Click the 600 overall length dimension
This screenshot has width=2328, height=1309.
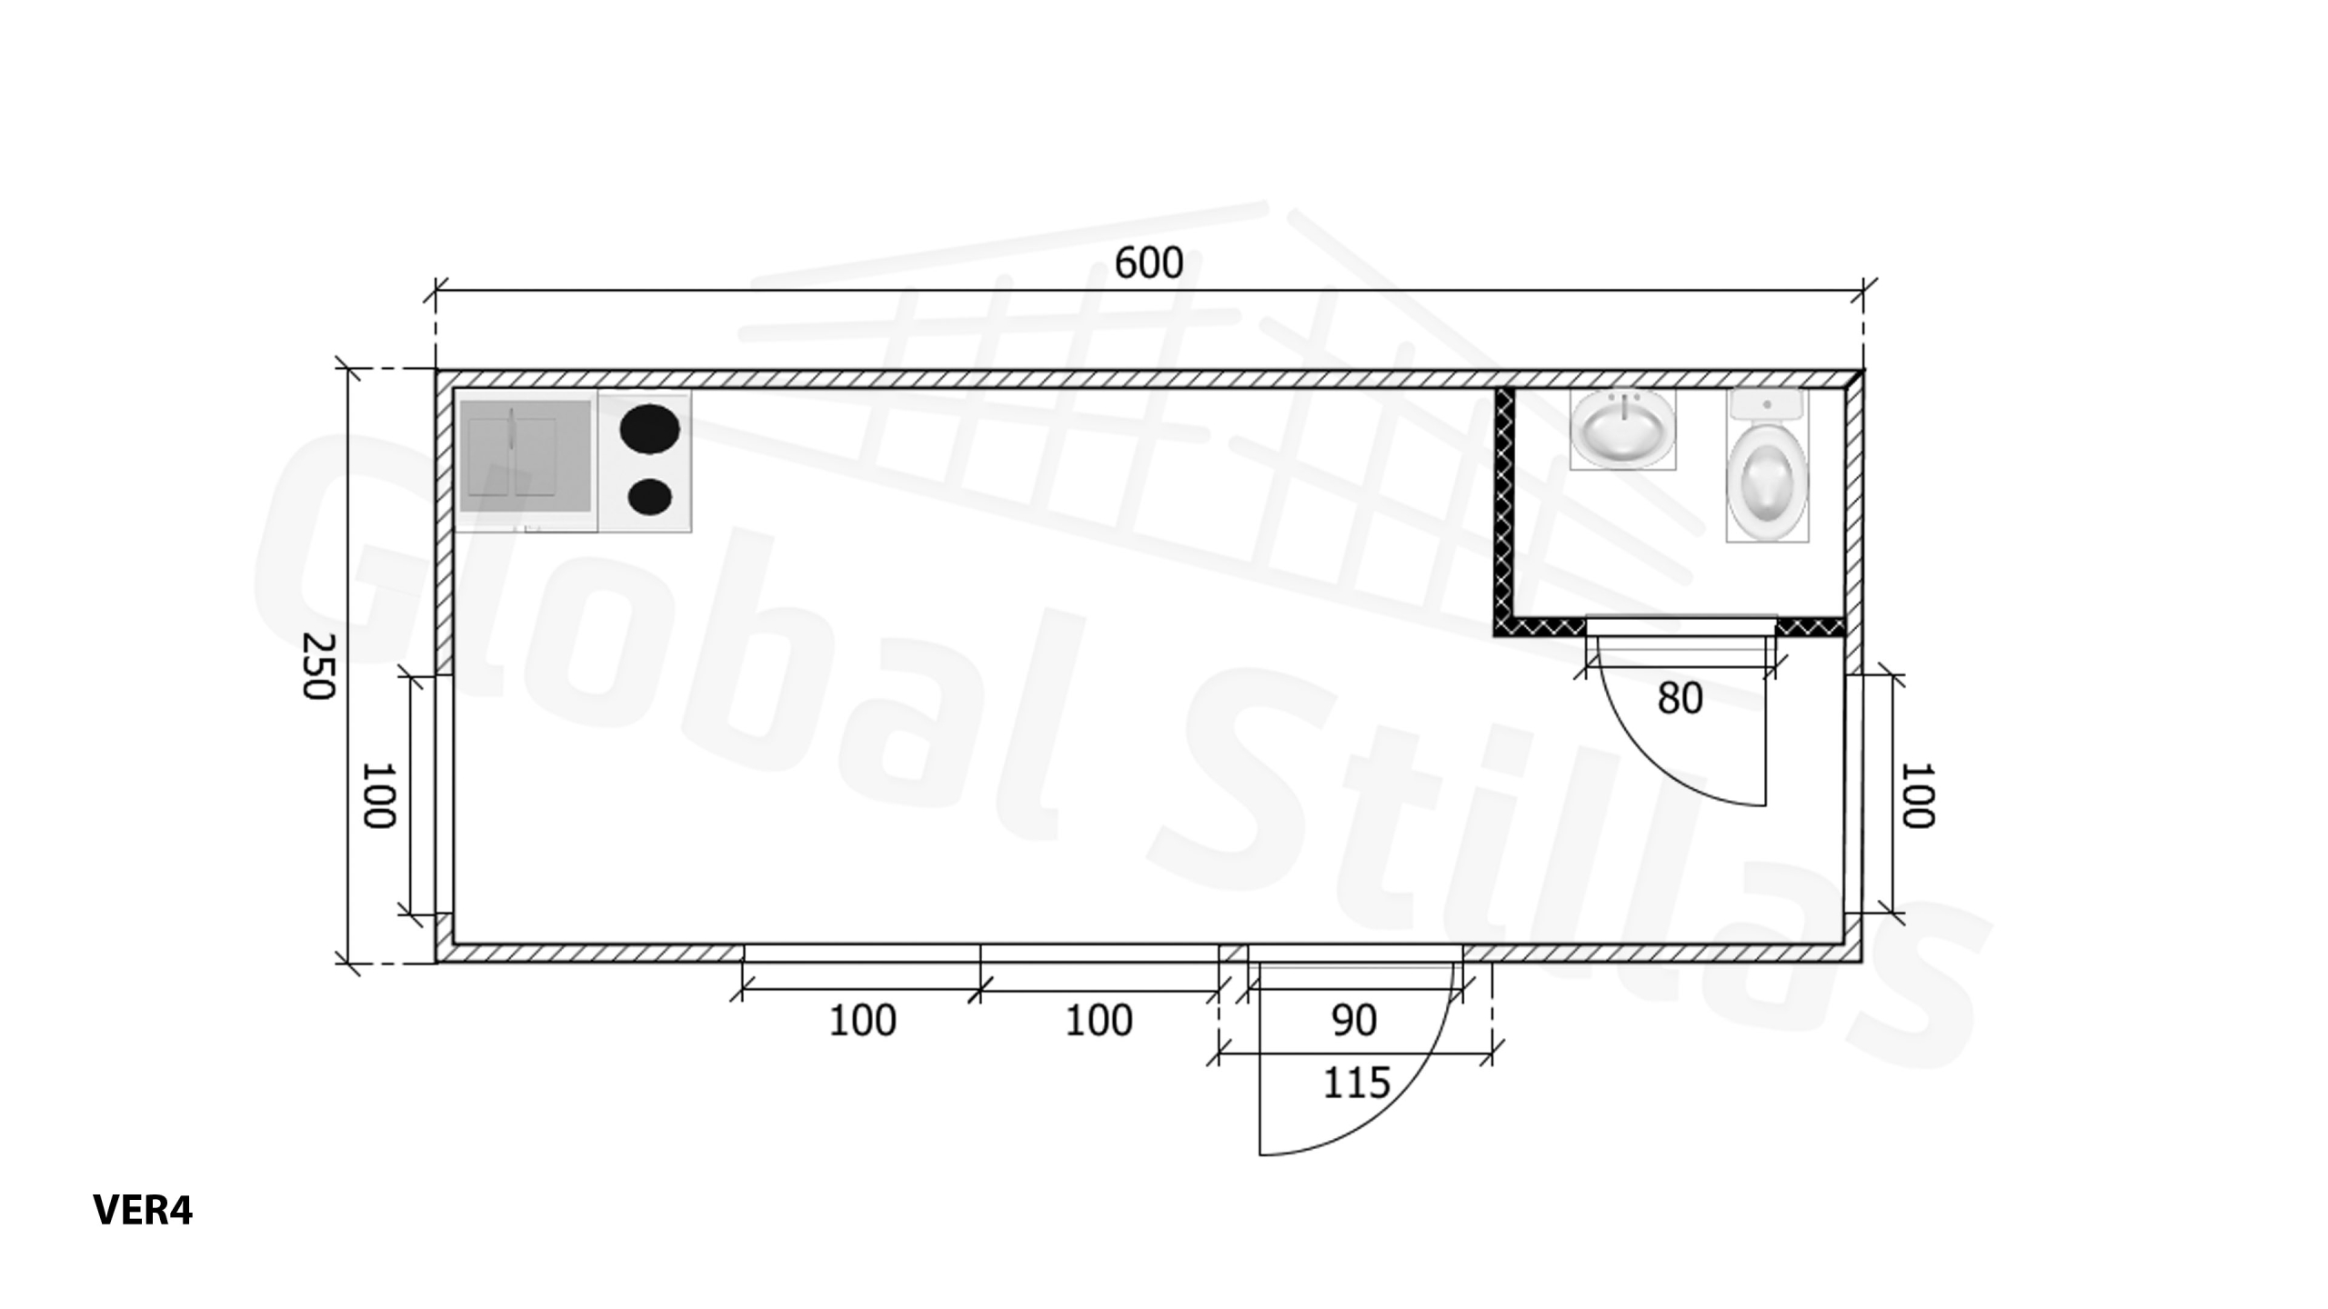[x=1149, y=264]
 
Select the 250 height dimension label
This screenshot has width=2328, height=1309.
[x=318, y=666]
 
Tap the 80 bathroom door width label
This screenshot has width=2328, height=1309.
[x=1680, y=698]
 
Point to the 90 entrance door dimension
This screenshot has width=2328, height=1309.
[x=1354, y=1021]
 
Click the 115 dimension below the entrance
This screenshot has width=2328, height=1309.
[x=1356, y=1083]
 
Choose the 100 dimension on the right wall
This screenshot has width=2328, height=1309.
[x=1917, y=795]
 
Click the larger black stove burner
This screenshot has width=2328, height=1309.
[x=649, y=429]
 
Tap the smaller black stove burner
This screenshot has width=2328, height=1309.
[x=649, y=496]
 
